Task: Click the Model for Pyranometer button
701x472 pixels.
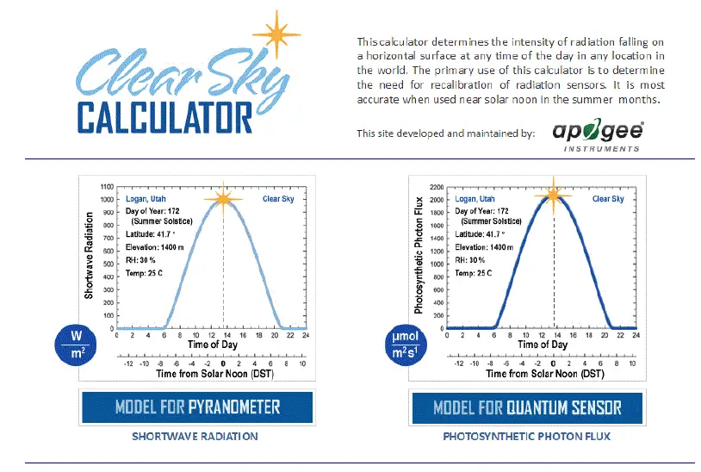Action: coord(197,407)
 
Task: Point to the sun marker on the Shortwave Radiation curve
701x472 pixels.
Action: coord(224,199)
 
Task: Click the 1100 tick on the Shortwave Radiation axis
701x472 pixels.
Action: coord(107,186)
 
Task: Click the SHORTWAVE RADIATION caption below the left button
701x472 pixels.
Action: coord(195,437)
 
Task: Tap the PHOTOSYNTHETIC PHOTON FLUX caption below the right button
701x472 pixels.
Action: coord(526,437)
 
